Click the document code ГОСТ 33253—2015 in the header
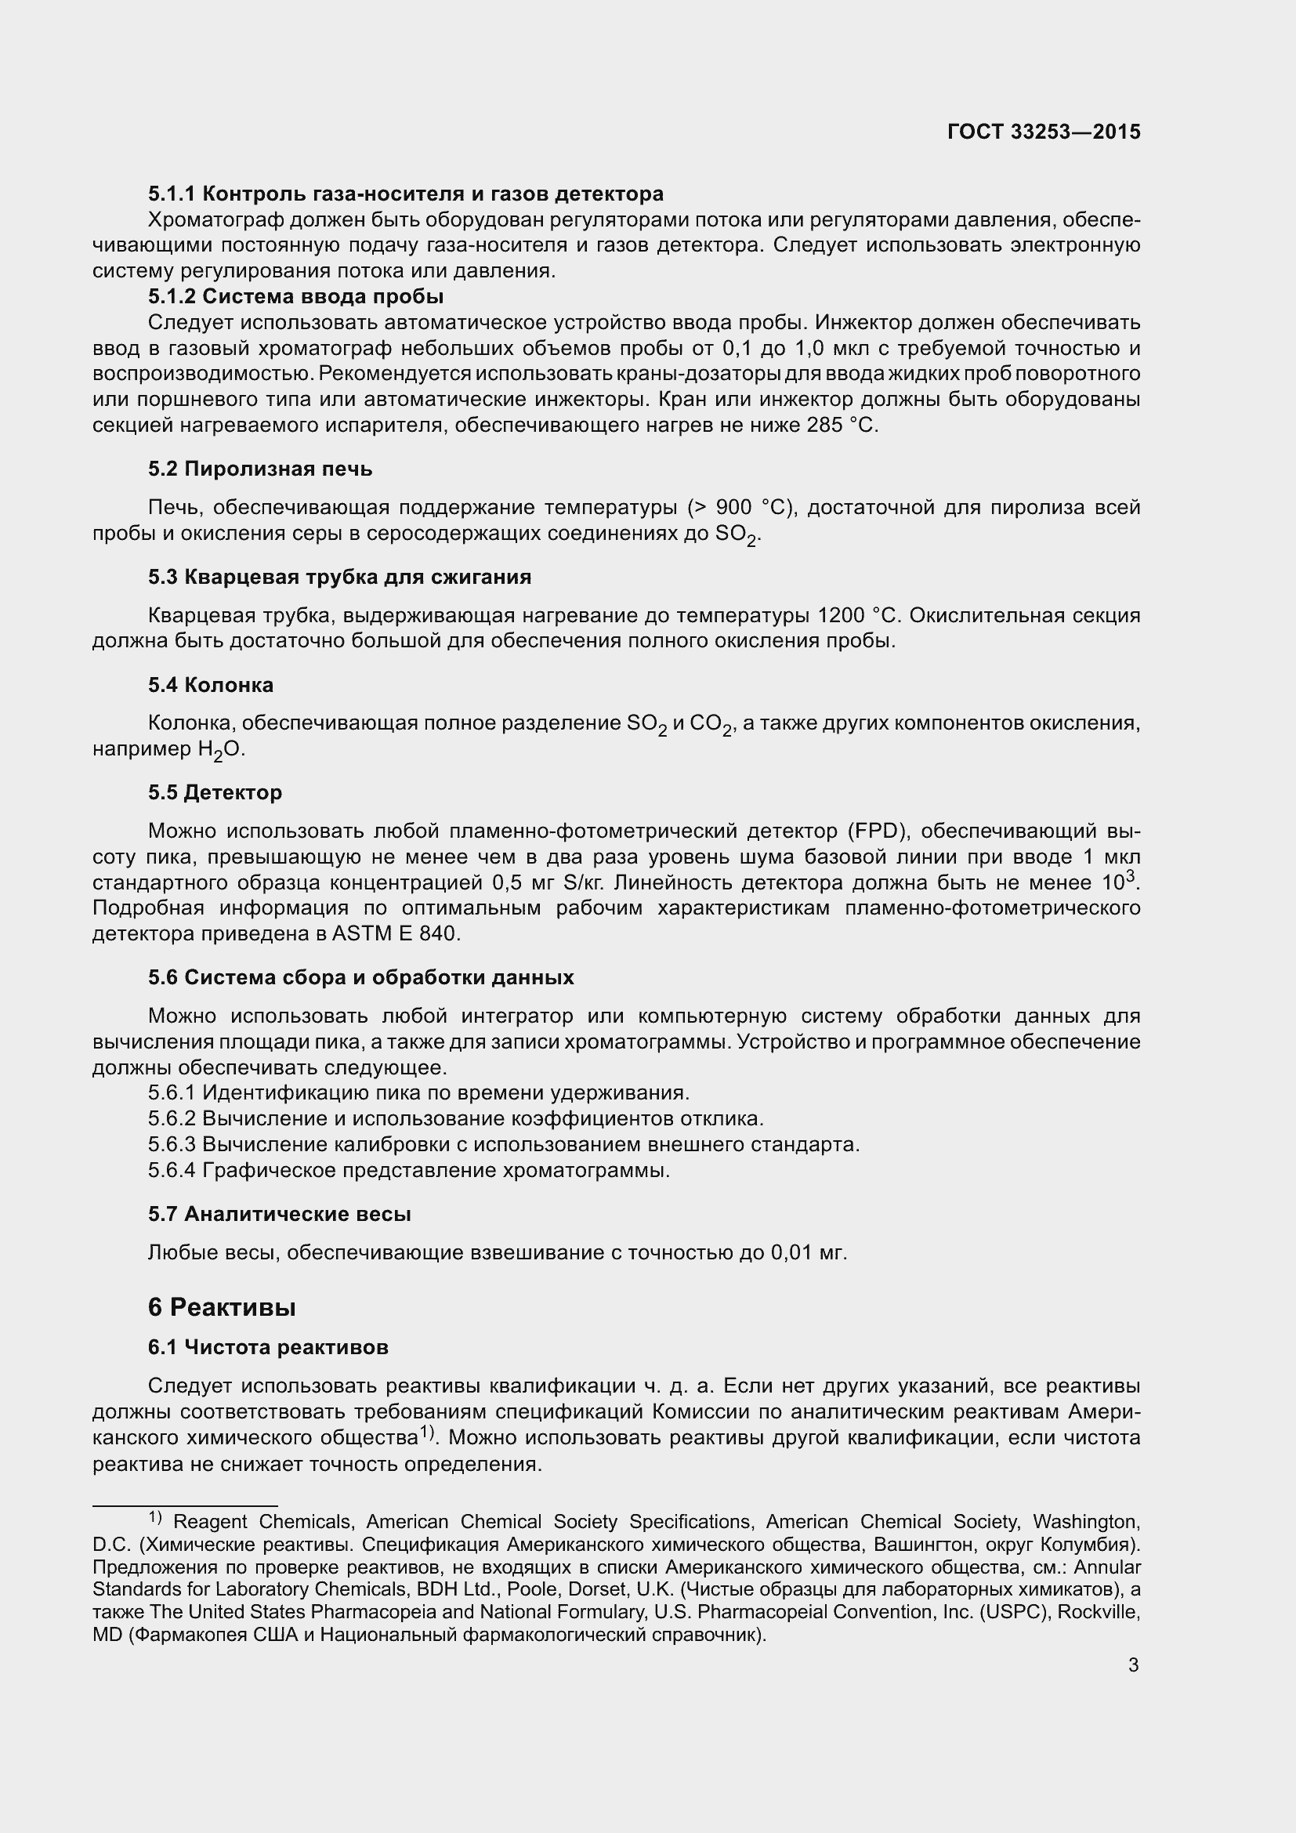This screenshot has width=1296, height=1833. click(x=1044, y=132)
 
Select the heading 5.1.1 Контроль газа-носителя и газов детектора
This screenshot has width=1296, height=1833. click(x=405, y=194)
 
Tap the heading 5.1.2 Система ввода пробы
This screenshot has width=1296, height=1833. click(x=296, y=297)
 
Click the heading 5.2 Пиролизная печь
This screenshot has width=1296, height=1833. click(x=260, y=469)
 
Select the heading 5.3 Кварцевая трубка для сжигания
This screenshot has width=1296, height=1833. click(x=340, y=578)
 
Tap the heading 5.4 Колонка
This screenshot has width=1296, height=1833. click(x=211, y=685)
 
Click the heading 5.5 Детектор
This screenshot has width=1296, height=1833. click(x=215, y=793)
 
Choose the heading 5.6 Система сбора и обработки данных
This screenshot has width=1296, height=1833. click(x=360, y=978)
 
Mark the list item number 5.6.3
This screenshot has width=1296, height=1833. click(x=172, y=1145)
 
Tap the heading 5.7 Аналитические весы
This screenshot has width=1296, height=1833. click(x=279, y=1214)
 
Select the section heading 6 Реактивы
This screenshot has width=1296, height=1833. click(x=222, y=1308)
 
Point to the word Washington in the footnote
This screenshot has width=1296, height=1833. click(x=1085, y=1522)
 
